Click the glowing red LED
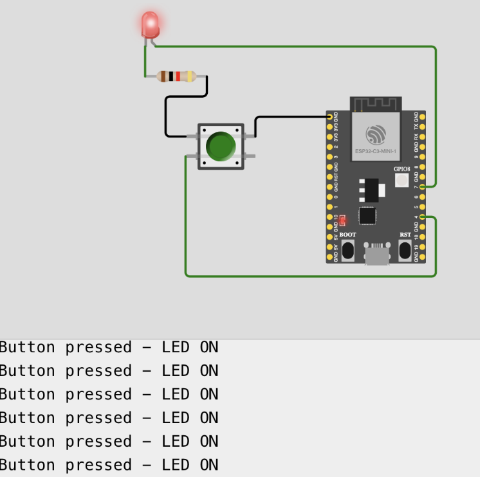[150, 24]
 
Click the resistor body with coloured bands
[176, 77]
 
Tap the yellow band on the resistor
[190, 77]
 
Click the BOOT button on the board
[347, 250]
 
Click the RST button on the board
[405, 250]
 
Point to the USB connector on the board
[376, 254]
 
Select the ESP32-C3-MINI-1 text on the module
[376, 151]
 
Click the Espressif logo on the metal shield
[376, 134]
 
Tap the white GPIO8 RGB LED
[402, 180]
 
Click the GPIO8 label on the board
[402, 169]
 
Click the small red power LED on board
[342, 221]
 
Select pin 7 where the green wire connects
[423, 186]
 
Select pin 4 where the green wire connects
[423, 217]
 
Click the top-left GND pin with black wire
[330, 117]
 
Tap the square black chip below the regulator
[367, 215]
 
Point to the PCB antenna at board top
[376, 104]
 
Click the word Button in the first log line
[27, 348]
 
